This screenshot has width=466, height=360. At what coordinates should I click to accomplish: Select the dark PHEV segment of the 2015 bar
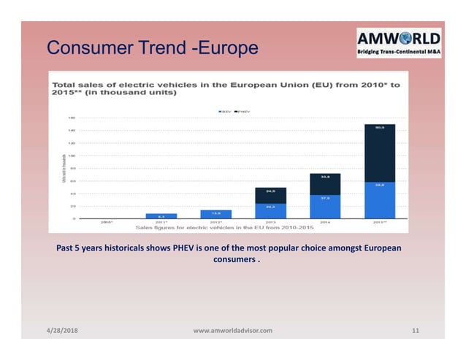380,153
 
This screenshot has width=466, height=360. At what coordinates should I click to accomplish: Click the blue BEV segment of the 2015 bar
380,200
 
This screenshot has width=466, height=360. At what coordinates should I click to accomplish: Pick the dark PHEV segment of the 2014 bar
324,185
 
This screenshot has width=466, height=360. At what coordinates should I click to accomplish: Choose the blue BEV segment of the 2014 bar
324,207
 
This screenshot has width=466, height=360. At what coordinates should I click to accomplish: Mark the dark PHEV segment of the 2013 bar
270,195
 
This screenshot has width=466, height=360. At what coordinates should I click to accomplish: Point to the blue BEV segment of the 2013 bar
270,210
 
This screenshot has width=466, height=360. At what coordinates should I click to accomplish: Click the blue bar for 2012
215,214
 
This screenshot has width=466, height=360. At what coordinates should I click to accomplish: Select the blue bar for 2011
161,216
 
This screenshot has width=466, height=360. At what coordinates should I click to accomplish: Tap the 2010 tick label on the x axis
107,222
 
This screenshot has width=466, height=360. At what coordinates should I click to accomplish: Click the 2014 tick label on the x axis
324,222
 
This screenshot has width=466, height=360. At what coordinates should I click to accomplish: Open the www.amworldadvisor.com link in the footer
232,331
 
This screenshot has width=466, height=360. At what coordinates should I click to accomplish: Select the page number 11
416,331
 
